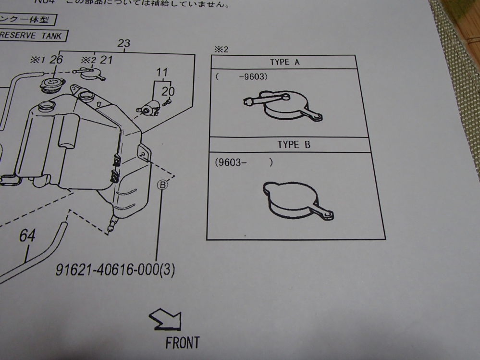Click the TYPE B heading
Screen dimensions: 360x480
[294, 145]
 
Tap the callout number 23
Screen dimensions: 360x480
[123, 44]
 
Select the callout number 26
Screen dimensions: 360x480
[56, 60]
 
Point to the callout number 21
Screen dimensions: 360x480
[106, 60]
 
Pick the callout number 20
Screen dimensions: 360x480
[168, 91]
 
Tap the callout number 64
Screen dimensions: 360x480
[27, 236]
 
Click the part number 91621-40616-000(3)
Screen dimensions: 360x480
[115, 270]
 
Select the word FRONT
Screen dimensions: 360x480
[182, 343]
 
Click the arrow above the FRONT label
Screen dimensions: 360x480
[166, 319]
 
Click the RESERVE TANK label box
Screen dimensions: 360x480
[32, 36]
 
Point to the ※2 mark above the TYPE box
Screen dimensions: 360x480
[222, 50]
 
